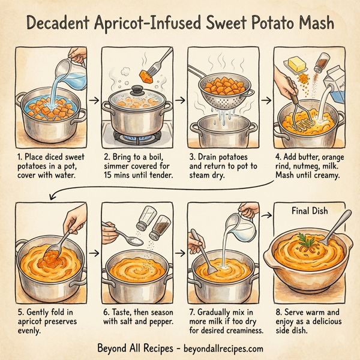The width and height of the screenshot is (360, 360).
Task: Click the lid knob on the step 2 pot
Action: [x=137, y=90]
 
